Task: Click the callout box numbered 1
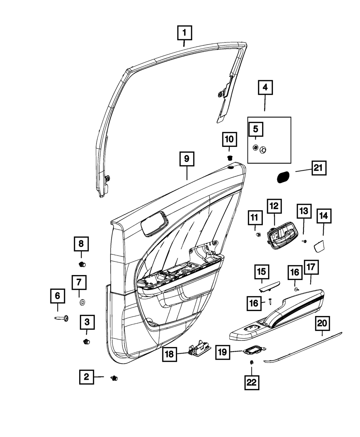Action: (184, 34)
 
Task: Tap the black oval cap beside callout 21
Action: (283, 177)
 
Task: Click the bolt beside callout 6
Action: (63, 318)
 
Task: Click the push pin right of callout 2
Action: (114, 378)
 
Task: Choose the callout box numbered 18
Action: (169, 354)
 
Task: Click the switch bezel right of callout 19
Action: (255, 349)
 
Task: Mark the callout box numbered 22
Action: (251, 383)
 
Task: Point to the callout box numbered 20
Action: (322, 324)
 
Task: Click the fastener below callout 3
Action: (86, 341)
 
